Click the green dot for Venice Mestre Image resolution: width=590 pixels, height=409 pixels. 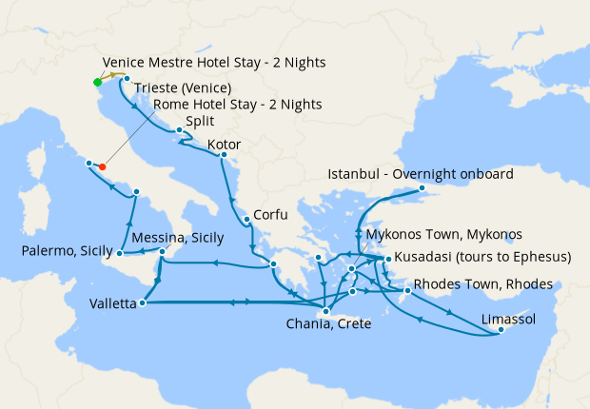pos(97,82)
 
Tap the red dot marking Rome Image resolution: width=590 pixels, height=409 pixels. pos(103,167)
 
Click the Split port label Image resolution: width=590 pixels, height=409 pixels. pos(200,122)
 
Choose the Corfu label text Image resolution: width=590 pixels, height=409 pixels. pos(269,215)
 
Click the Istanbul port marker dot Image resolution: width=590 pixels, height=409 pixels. pos(423,188)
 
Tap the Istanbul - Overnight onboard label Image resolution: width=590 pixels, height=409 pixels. pos(420,174)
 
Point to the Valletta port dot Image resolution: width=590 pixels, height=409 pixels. pos(142,303)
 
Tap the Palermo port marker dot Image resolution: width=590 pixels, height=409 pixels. pos(119,255)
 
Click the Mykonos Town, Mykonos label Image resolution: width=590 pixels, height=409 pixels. pos(444,234)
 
